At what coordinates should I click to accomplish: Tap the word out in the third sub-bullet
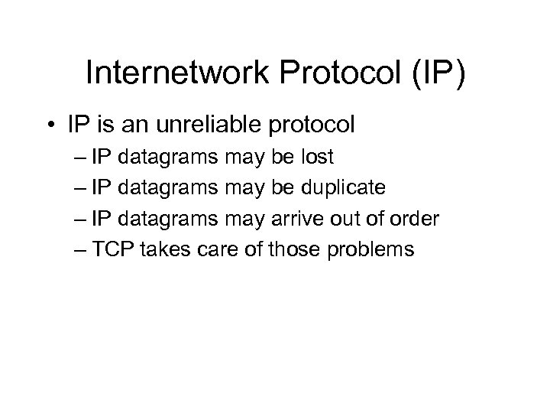[x=349, y=219]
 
